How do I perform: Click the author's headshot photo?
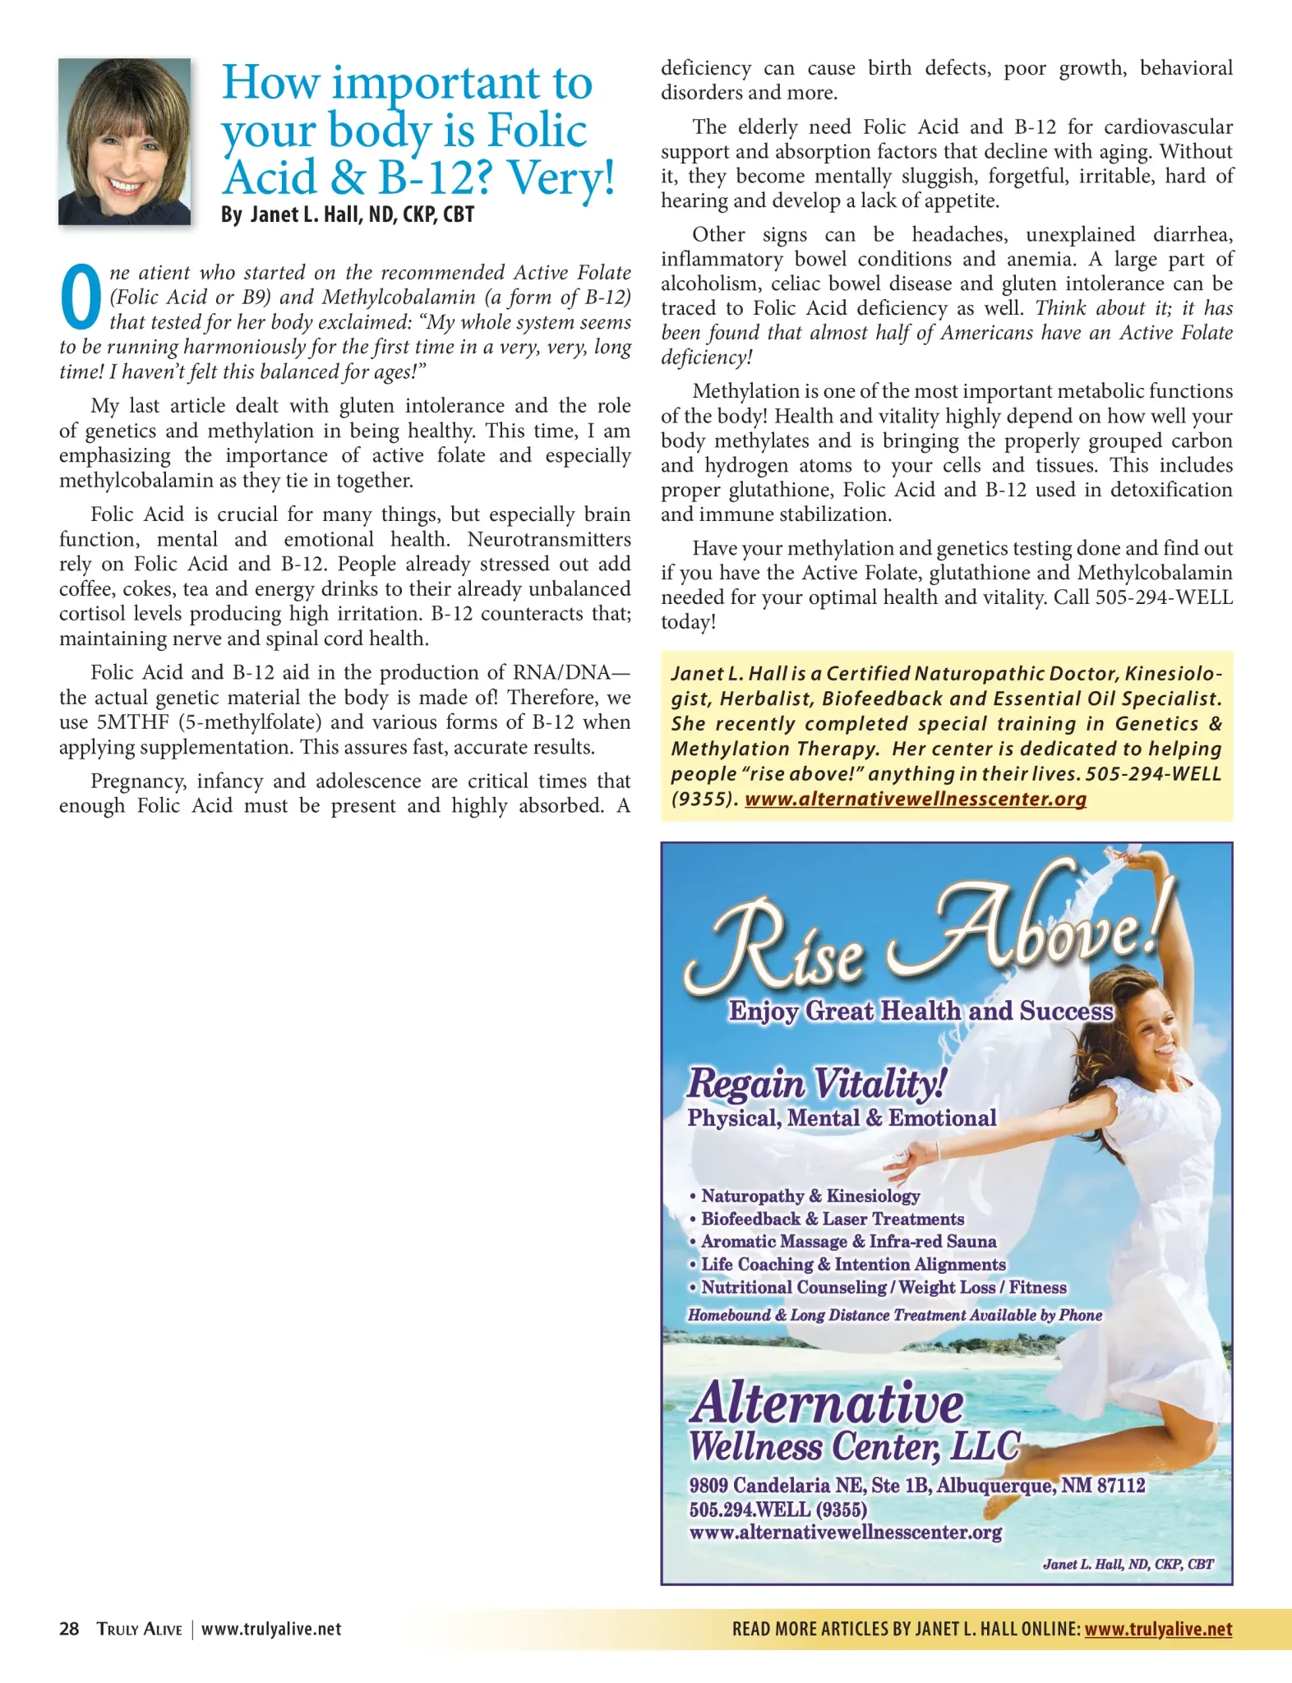click(x=124, y=141)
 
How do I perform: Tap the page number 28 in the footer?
click(x=69, y=1629)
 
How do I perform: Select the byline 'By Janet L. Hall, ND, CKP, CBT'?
click(x=348, y=215)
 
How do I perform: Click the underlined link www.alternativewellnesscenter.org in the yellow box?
click(x=915, y=799)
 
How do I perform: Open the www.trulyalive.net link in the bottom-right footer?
click(x=1158, y=1629)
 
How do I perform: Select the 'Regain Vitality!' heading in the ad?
click(x=816, y=1083)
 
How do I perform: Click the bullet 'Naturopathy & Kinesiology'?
click(x=810, y=1196)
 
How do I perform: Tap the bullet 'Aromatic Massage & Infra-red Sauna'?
click(x=847, y=1242)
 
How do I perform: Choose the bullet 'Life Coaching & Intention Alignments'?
click(x=852, y=1265)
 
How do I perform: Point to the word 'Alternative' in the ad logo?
click(x=826, y=1404)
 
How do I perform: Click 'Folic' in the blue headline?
click(x=537, y=130)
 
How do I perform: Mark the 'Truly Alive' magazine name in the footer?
click(x=139, y=1629)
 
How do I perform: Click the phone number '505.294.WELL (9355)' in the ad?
click(x=778, y=1510)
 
